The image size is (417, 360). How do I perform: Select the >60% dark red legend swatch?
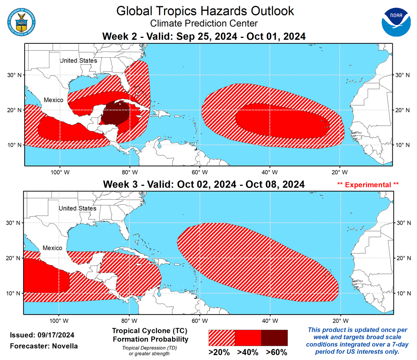274,338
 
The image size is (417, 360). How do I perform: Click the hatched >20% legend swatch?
222,338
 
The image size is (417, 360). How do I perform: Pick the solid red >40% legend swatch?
248,338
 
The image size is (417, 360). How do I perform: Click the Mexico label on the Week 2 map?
54,100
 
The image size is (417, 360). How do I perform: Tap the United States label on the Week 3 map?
77,208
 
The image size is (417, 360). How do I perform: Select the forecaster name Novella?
65,346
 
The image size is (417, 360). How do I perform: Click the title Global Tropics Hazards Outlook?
205,11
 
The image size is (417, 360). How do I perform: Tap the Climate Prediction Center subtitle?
204,24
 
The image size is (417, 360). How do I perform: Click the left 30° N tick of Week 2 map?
14,75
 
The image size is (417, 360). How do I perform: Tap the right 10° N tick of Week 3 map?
403,293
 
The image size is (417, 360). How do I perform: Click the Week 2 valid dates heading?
204,36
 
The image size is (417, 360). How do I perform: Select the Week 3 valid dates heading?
204,184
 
